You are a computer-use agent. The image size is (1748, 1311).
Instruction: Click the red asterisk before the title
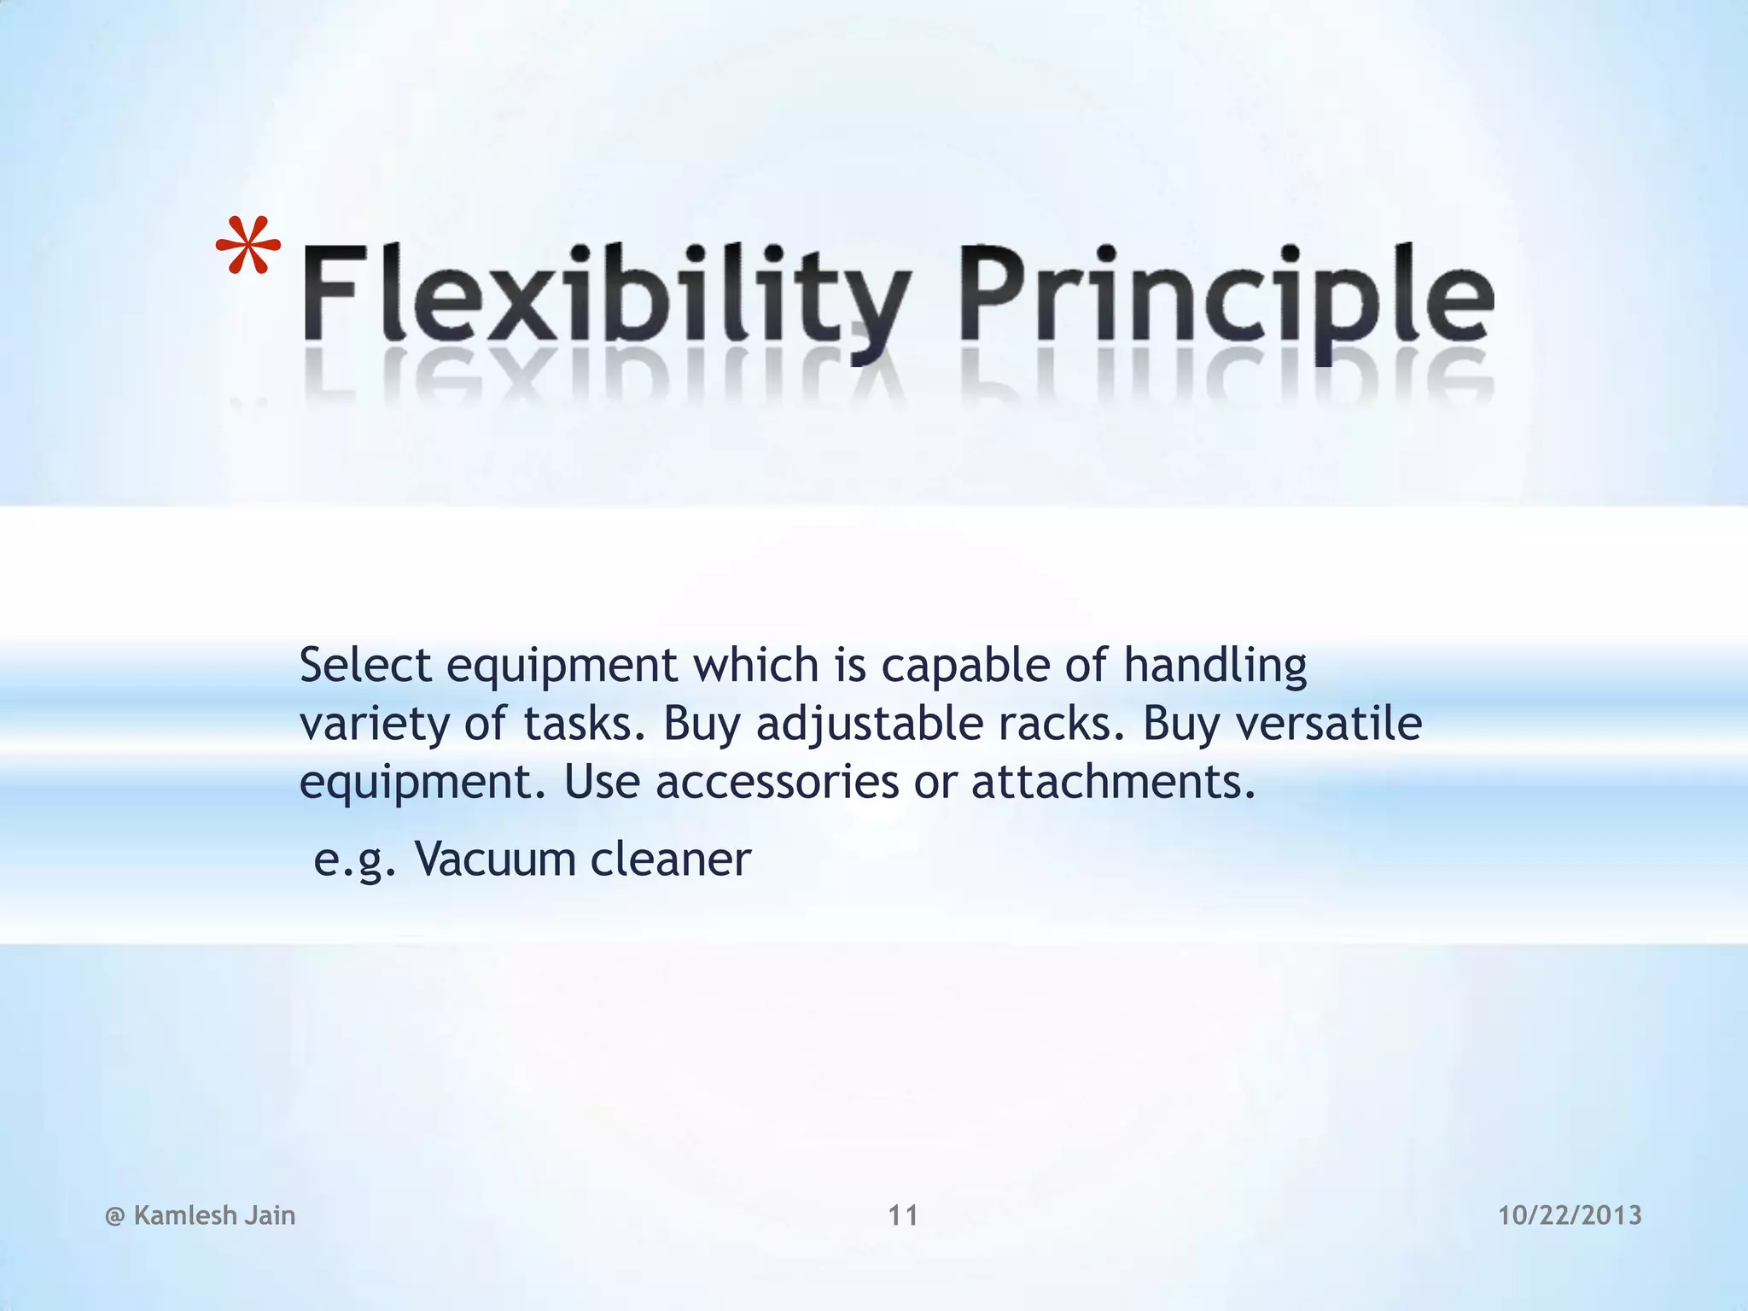248,248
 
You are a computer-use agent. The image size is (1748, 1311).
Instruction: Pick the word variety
373,725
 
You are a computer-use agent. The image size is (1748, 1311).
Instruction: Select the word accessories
777,782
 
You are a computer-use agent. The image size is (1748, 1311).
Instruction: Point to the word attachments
1113,782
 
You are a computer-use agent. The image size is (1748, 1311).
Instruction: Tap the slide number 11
903,1215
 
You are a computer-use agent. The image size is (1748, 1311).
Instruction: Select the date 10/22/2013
1570,1215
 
